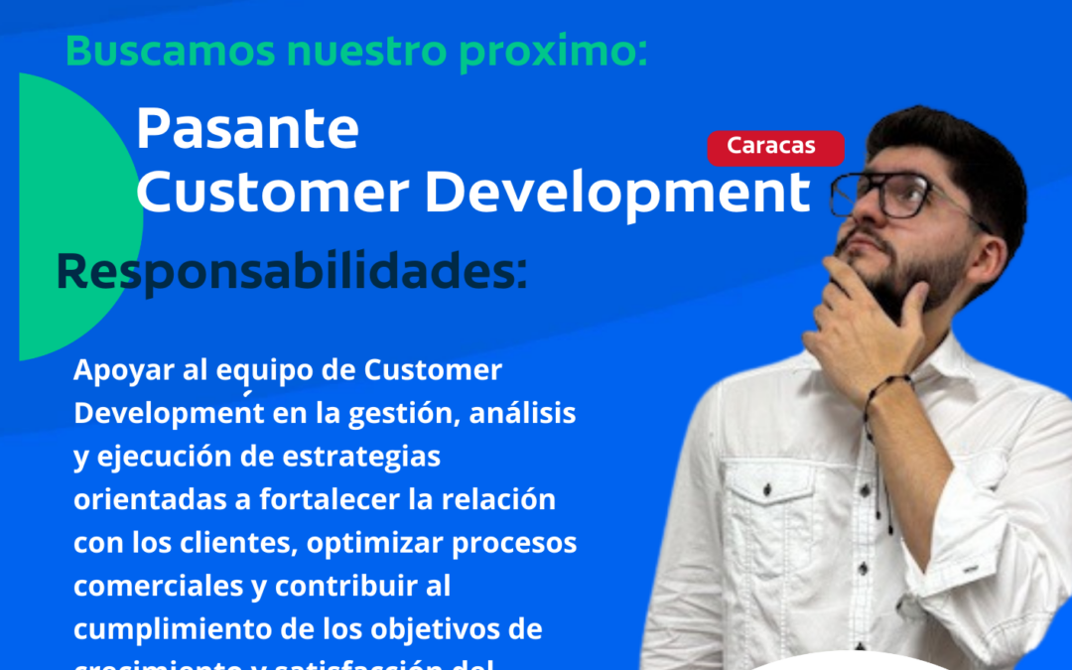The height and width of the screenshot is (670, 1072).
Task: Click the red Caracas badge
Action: pos(775,147)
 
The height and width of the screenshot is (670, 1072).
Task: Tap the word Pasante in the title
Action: pos(246,129)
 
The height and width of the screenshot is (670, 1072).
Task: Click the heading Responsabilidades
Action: pos(291,272)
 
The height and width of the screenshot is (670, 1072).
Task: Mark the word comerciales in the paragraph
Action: pos(152,587)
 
